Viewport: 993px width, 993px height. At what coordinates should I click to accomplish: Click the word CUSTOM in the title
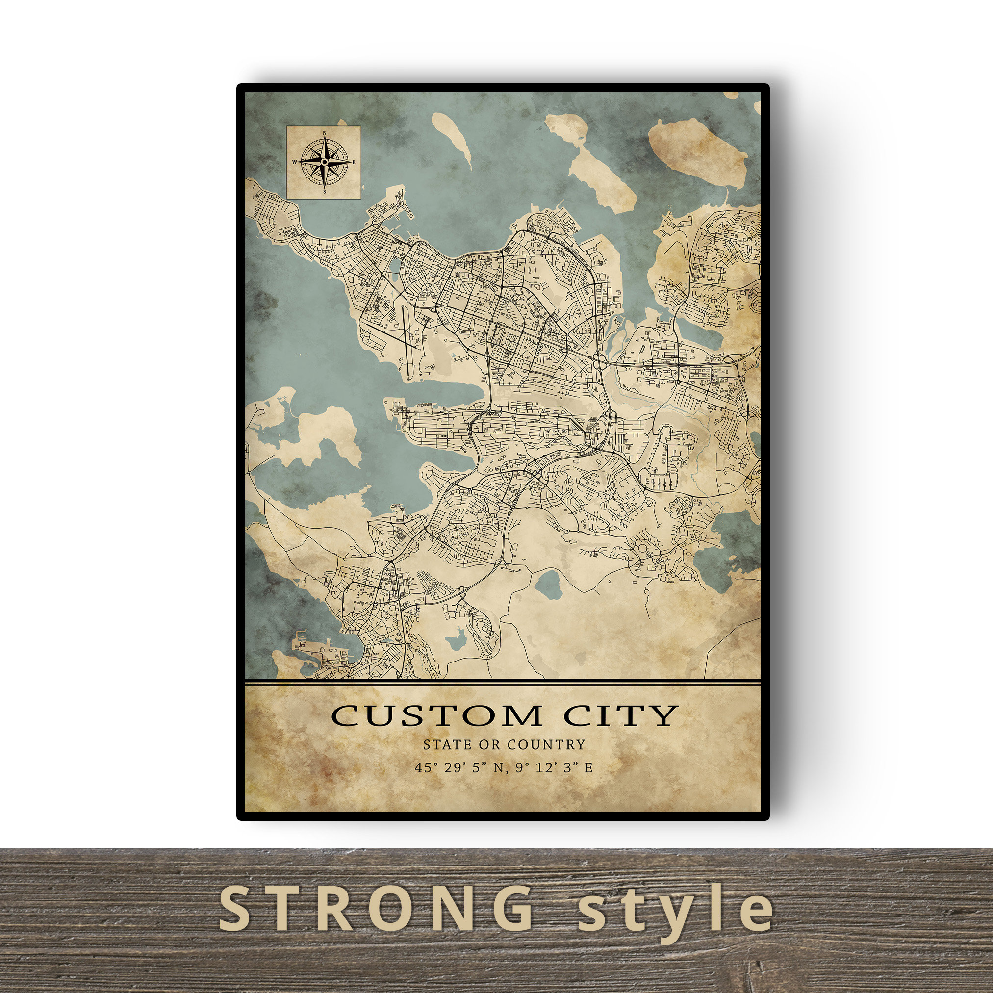point(436,715)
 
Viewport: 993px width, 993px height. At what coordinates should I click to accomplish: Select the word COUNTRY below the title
point(546,745)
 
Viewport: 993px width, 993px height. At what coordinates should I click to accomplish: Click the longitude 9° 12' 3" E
point(554,768)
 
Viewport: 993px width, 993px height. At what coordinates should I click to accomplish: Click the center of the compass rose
point(324,162)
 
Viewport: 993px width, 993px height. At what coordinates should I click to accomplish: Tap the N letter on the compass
point(324,132)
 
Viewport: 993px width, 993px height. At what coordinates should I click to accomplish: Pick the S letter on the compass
point(324,192)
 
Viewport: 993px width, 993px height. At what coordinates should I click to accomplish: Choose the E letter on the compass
point(354,162)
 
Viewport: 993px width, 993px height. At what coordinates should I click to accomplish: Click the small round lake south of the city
point(548,583)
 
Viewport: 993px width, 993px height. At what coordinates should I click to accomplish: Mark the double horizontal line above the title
point(503,683)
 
